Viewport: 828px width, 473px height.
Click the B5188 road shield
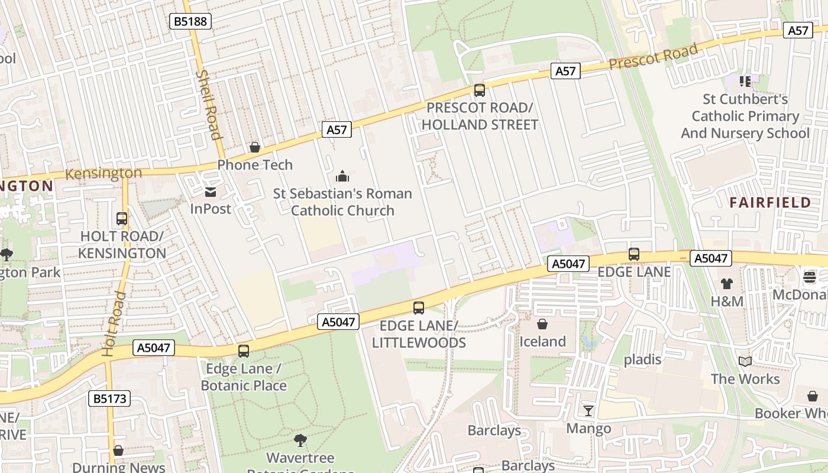click(190, 22)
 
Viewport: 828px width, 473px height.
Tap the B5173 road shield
click(110, 399)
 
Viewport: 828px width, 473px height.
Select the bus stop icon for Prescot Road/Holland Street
click(480, 90)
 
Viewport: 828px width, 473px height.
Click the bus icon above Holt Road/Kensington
click(122, 219)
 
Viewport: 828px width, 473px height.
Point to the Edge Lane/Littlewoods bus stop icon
click(419, 308)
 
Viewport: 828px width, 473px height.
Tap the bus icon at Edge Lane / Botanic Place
click(244, 351)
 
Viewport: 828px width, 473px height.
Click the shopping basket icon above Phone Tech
click(255, 147)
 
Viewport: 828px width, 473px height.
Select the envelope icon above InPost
click(211, 192)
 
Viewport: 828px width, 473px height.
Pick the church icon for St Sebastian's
click(342, 176)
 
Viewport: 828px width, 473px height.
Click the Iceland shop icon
click(542, 324)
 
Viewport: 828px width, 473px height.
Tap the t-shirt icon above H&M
click(727, 284)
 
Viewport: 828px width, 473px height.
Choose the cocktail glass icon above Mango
click(588, 410)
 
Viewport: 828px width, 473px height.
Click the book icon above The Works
click(745, 361)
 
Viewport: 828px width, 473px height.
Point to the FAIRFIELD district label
click(770, 203)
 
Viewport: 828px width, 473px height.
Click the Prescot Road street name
click(654, 57)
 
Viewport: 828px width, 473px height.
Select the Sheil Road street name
click(209, 105)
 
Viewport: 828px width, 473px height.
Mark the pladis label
click(643, 359)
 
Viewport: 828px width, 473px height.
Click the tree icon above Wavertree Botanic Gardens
click(300, 440)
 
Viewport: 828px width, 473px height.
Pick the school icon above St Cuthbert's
click(745, 81)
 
